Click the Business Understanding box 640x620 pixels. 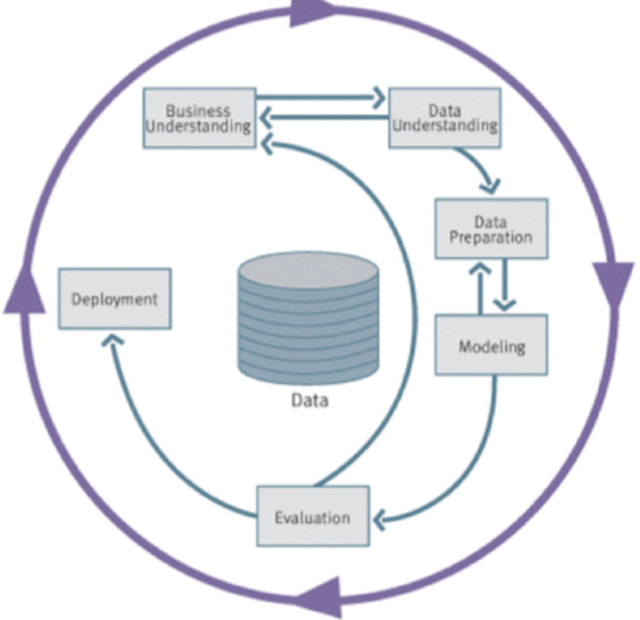click(x=198, y=118)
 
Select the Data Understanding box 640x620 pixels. click(x=444, y=117)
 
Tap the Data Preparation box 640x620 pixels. click(x=491, y=229)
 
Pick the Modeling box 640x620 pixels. click(x=491, y=346)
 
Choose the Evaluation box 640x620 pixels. click(x=312, y=517)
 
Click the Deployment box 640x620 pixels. click(x=114, y=298)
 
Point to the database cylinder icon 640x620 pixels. click(x=307, y=315)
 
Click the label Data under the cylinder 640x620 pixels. click(x=308, y=400)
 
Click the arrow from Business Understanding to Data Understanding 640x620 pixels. click(x=320, y=94)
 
